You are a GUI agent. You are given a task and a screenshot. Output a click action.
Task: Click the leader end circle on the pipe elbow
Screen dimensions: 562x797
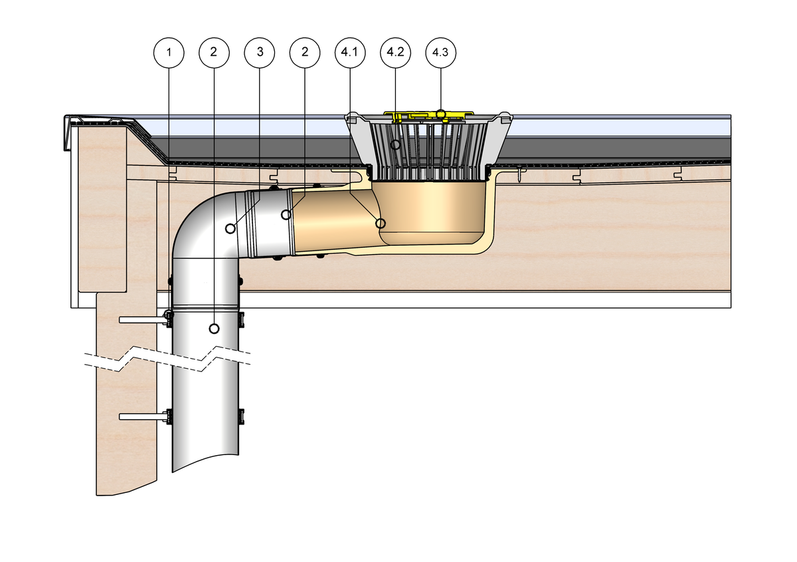point(230,229)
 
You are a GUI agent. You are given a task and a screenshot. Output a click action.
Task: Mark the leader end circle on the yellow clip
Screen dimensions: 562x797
point(440,114)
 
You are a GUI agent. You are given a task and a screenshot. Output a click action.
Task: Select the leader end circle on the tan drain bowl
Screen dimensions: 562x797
point(381,223)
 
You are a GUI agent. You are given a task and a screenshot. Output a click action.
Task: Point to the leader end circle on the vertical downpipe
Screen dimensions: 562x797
point(214,328)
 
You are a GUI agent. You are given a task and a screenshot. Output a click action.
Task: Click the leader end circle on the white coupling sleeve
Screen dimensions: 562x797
point(286,215)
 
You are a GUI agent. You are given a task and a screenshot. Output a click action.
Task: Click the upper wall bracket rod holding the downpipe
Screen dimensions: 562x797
point(141,320)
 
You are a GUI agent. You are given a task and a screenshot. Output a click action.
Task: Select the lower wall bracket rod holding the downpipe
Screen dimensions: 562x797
point(141,417)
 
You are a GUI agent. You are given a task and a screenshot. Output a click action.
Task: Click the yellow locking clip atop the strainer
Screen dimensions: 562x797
point(425,116)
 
